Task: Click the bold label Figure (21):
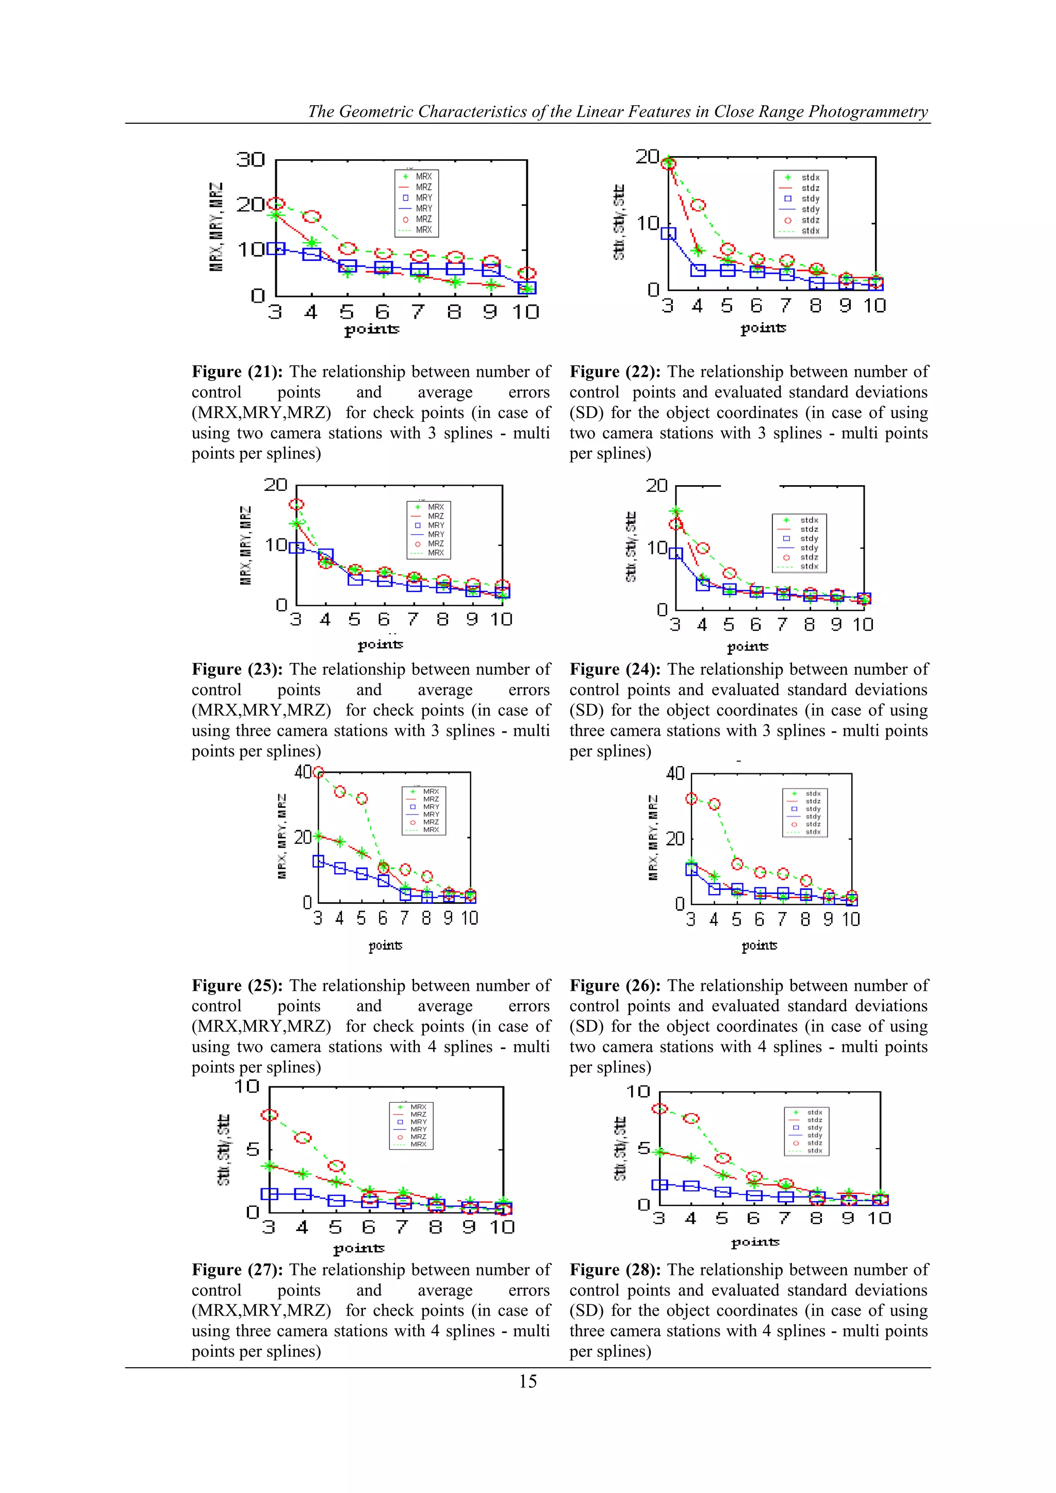(237, 372)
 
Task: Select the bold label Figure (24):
(615, 669)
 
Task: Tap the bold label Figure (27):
(237, 1269)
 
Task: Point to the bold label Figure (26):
(615, 985)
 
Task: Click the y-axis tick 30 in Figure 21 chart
(251, 160)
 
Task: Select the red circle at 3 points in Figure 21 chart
(276, 204)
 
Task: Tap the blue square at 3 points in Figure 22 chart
(668, 234)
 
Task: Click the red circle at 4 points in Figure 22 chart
(698, 205)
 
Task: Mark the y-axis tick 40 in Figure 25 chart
(303, 772)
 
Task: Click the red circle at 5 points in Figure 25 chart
(361, 799)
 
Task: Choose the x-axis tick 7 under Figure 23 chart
(413, 619)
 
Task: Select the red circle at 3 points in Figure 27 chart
(269, 1115)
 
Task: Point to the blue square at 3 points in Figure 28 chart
(659, 1185)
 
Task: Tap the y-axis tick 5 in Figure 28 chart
(643, 1148)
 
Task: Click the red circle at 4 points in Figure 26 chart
(714, 804)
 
